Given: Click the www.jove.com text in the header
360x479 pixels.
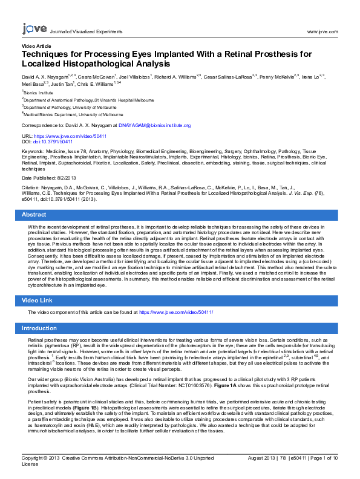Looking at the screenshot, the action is [x=322, y=31].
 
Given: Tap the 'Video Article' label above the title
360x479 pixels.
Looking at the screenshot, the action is [x=36, y=46].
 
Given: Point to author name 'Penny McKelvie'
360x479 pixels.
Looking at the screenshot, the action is [x=277, y=77].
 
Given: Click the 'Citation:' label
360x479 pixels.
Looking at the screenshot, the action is [x=31, y=189].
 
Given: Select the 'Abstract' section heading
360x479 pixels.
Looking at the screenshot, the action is [x=34, y=215].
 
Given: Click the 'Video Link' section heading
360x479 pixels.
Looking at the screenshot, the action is [x=37, y=301].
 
